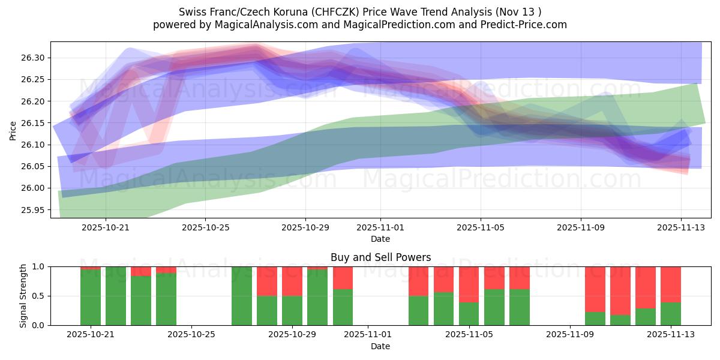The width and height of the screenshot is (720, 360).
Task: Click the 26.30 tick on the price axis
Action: coord(34,58)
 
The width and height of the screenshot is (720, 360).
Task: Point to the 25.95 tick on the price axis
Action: coord(34,210)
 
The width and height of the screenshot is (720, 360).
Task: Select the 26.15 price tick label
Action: coord(34,123)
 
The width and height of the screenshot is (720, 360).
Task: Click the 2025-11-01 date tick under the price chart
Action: coord(380,227)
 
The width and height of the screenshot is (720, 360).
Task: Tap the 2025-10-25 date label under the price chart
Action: coord(205,227)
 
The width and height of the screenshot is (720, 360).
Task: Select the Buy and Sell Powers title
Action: coord(380,257)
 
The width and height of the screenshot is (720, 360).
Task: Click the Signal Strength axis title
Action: coord(23,296)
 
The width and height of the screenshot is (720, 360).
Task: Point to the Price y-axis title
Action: coord(13,130)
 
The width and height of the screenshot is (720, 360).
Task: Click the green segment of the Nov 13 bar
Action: coord(671,314)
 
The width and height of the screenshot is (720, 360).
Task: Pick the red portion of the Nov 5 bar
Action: coord(469,284)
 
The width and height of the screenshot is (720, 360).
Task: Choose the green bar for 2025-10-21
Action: coord(91,298)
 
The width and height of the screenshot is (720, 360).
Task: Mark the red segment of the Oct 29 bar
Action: coord(292,281)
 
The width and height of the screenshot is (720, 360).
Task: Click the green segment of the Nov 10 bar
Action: coord(595,319)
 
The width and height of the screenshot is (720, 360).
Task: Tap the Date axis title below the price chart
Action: coord(380,239)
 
